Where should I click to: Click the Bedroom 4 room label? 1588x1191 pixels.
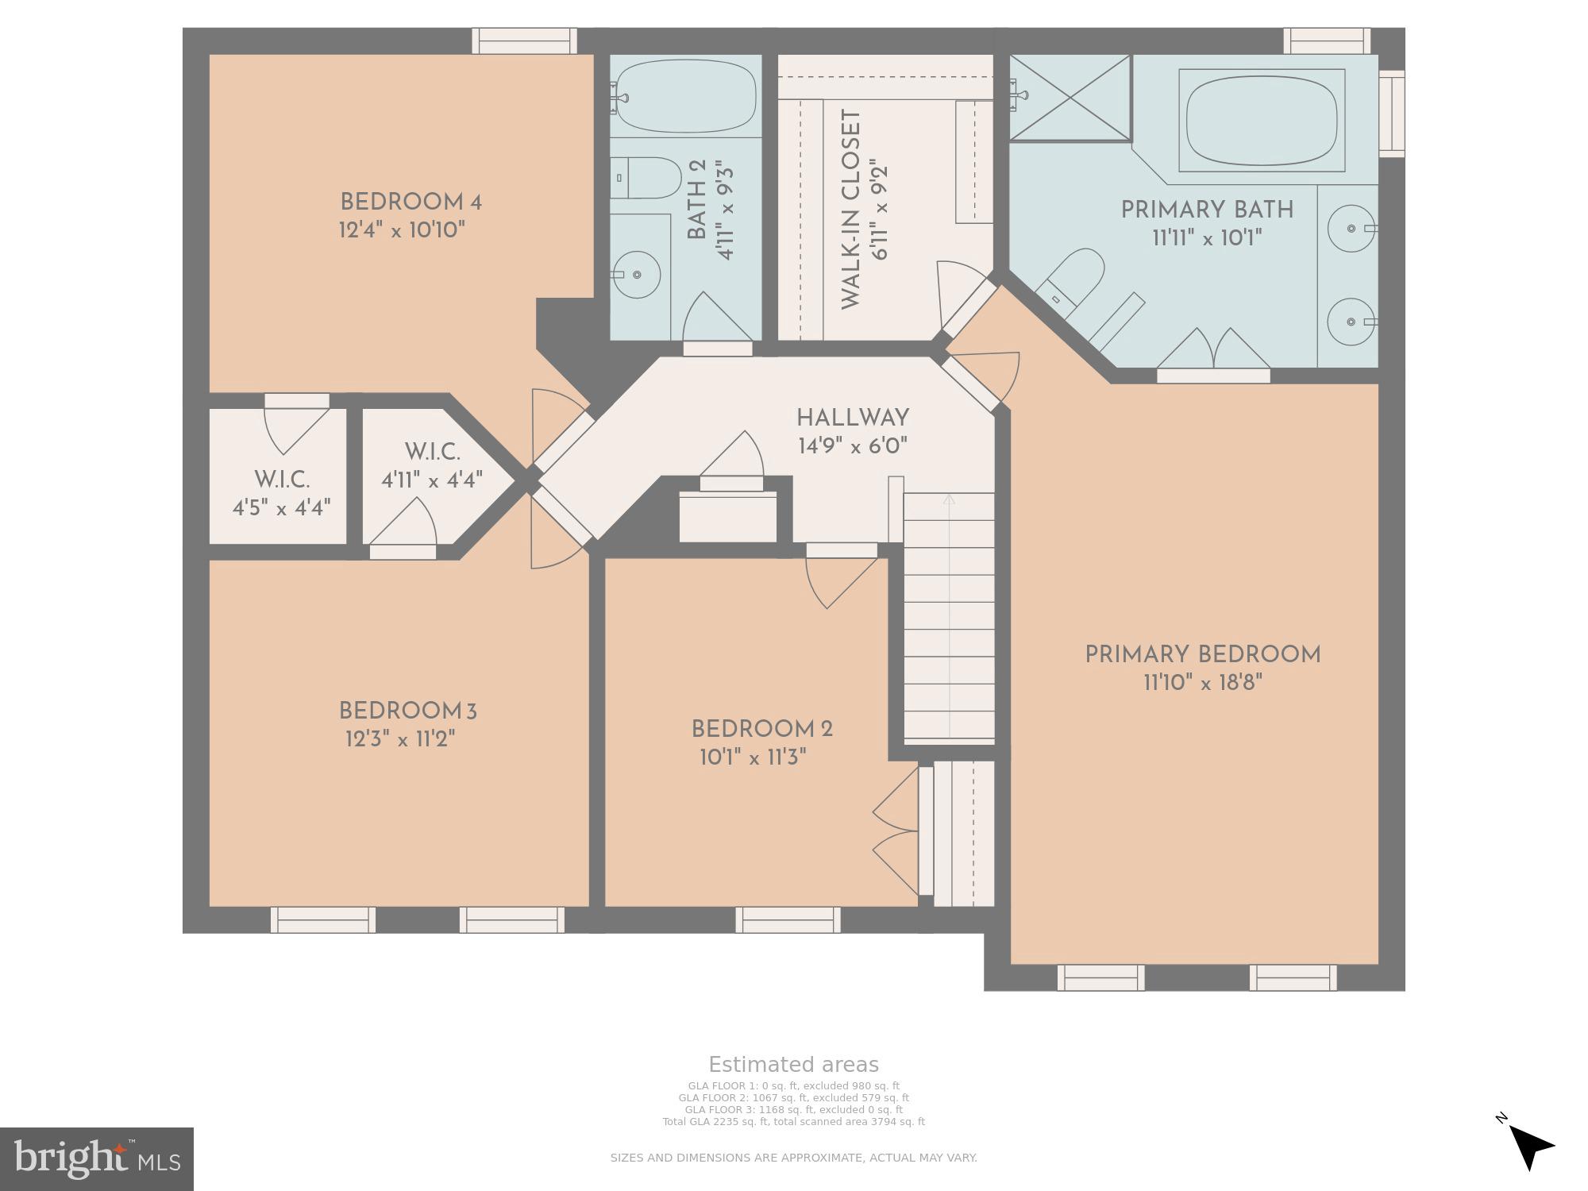[410, 202]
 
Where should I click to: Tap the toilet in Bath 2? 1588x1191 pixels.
[647, 178]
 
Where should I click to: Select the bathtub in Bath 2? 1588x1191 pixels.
[685, 98]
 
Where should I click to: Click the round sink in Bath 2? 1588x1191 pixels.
[638, 275]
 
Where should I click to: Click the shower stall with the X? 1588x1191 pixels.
[1070, 98]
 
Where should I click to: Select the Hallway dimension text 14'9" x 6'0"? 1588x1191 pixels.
[853, 446]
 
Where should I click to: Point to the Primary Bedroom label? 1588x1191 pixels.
[1203, 655]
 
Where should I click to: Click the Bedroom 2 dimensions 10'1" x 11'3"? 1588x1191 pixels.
[753, 757]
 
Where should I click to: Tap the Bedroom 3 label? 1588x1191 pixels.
[407, 711]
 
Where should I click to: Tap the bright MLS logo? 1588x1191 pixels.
[96, 1158]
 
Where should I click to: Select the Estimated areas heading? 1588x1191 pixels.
[793, 1065]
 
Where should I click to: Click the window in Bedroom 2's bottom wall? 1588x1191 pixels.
[788, 919]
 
